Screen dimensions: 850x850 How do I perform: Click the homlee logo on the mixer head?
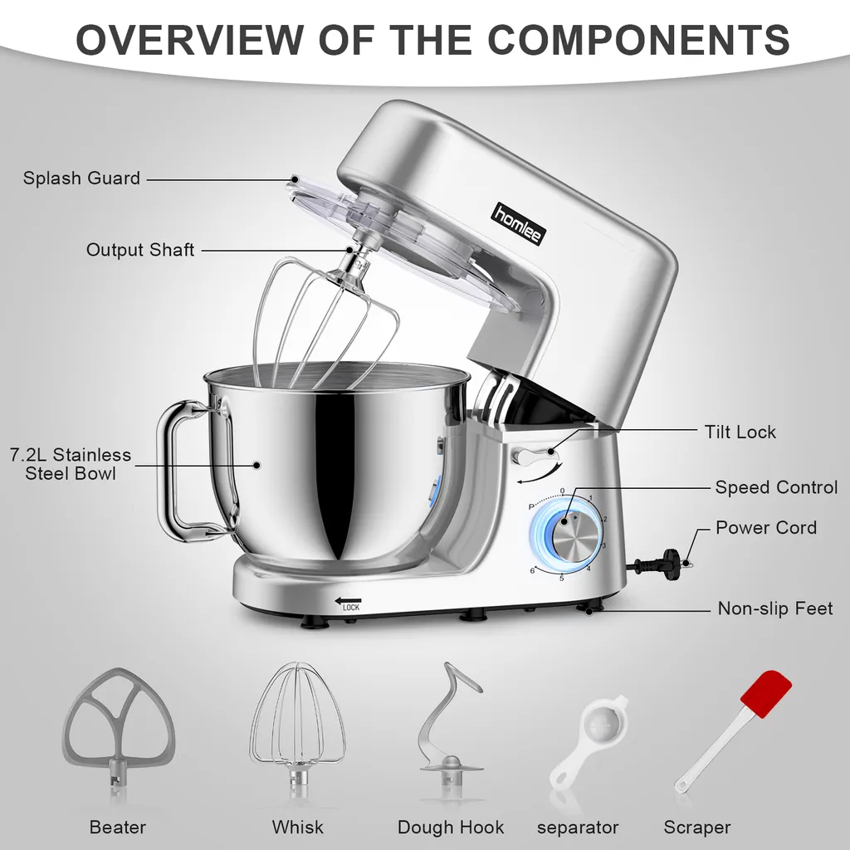(x=519, y=222)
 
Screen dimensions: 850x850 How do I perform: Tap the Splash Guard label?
(x=81, y=178)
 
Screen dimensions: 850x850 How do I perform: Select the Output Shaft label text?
(x=139, y=249)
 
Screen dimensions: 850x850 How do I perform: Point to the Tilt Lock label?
(x=740, y=432)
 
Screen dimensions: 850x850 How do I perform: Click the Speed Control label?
(x=776, y=486)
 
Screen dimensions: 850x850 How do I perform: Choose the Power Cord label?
(x=766, y=527)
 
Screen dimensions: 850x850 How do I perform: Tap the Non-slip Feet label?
(x=775, y=608)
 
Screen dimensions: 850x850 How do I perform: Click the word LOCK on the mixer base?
(x=351, y=608)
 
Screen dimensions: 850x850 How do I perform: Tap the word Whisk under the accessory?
(x=298, y=828)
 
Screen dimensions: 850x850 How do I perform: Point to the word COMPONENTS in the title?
(x=638, y=39)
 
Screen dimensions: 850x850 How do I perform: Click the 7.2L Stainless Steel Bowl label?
(x=71, y=464)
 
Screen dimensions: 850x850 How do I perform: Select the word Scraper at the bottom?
(x=697, y=828)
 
